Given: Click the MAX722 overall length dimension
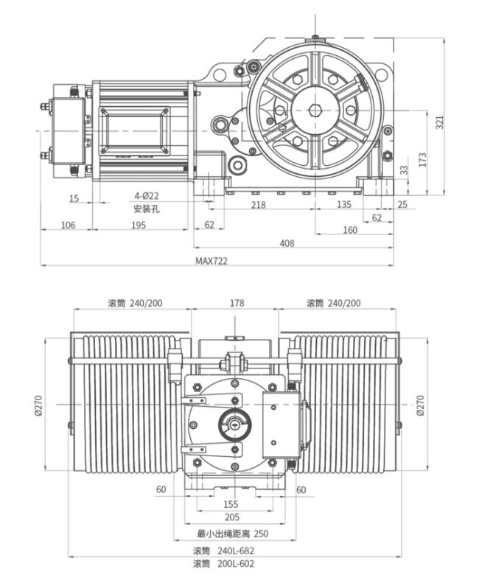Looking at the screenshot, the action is click(211, 261).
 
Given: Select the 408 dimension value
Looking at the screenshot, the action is click(287, 243).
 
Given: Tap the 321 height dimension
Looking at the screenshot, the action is click(440, 122).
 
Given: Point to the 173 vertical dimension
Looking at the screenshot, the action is click(422, 159).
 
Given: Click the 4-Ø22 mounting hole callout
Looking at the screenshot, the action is click(146, 195).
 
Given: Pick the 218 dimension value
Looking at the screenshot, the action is click(258, 204).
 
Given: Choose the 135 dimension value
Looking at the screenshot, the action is click(344, 204).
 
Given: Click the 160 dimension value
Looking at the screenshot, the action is click(350, 230).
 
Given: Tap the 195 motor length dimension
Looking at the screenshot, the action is click(139, 225).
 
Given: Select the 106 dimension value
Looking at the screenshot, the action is click(68, 225).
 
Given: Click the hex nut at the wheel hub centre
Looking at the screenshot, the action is click(315, 110).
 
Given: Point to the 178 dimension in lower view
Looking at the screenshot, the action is click(237, 303).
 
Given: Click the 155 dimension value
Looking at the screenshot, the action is click(231, 504).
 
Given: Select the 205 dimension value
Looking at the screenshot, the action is click(232, 517).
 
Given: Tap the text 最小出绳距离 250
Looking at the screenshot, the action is click(232, 534).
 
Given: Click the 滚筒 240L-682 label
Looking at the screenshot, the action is click(223, 551).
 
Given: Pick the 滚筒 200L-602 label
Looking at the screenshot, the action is click(223, 564).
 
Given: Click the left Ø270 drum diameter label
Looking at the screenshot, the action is click(38, 405).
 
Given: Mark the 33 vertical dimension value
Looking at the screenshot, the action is click(404, 170).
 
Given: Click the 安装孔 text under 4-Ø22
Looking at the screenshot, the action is click(147, 209).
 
